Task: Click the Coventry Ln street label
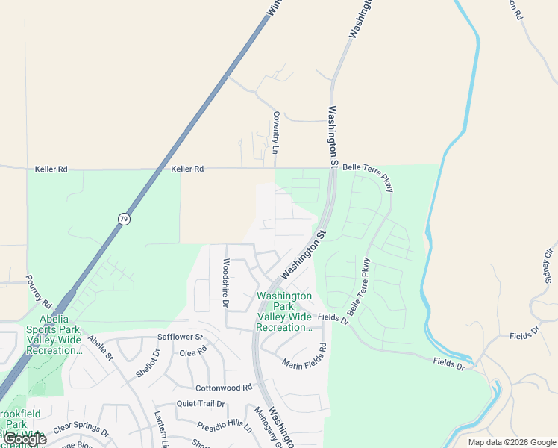(275, 133)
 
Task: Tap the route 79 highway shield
(124, 219)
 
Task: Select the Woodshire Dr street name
(225, 283)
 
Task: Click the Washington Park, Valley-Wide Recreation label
(284, 311)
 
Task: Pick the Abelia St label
(99, 347)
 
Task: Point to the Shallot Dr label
(149, 363)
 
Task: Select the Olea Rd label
(193, 352)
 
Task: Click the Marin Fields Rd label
(305, 357)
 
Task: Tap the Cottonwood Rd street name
(224, 388)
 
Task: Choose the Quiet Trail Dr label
(201, 404)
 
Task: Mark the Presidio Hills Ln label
(225, 426)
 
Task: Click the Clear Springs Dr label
(81, 432)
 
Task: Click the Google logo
(24, 439)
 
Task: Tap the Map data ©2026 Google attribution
(511, 442)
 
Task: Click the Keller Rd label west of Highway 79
(51, 169)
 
